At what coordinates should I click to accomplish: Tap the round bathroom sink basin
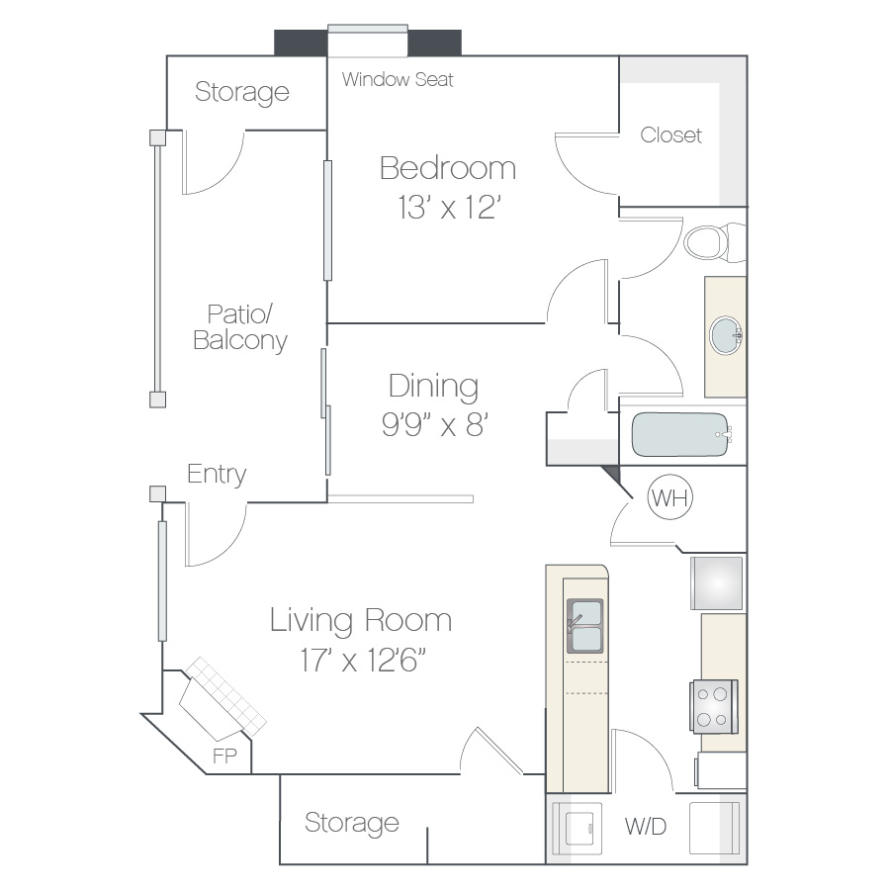726,336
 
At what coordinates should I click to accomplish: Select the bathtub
681,434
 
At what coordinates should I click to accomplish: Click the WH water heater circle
670,497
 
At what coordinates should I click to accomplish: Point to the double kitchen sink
584,626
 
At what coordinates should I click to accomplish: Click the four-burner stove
713,707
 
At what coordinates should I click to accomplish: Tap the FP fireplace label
224,756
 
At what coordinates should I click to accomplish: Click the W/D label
646,827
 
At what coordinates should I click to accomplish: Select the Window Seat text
398,79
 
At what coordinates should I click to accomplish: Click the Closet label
670,135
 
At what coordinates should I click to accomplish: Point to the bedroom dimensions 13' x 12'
449,208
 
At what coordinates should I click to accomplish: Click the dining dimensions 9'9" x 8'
435,423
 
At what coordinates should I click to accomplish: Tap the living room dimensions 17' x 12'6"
363,660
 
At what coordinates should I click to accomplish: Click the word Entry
217,475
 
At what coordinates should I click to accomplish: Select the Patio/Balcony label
240,327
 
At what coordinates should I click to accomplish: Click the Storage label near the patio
242,92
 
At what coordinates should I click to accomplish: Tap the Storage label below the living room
352,823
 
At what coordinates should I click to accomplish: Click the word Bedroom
448,168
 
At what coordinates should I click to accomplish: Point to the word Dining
434,387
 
